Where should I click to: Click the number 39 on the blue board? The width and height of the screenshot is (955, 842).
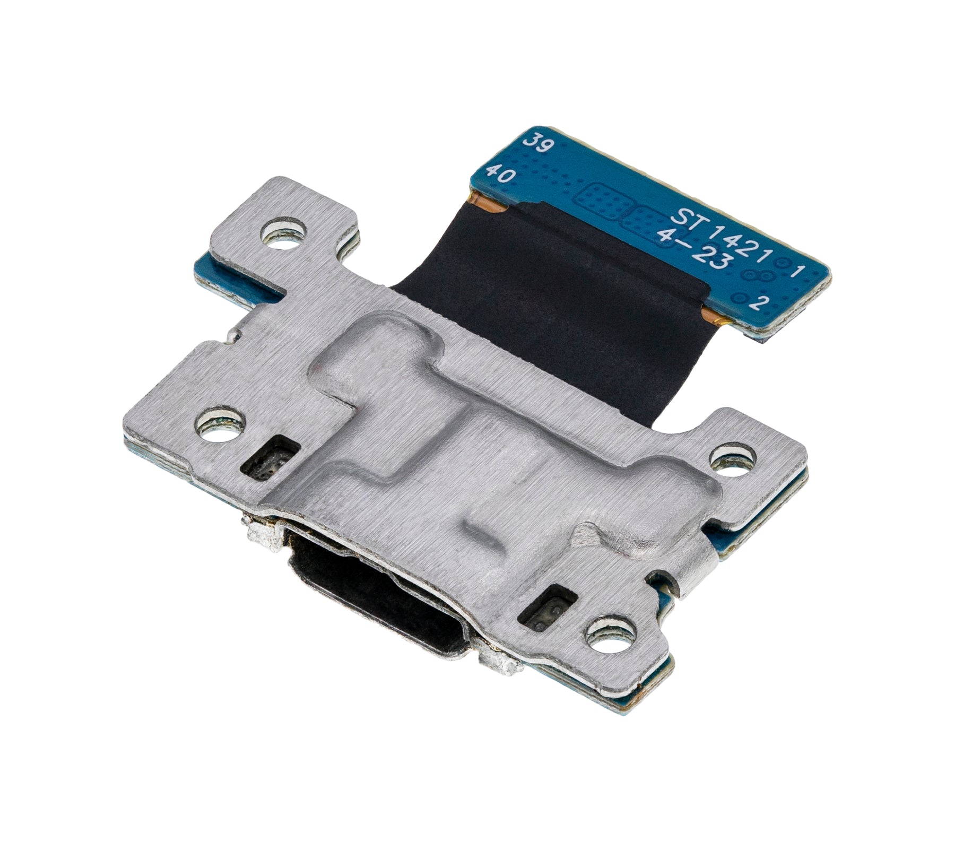536,144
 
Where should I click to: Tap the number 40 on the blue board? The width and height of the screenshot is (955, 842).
499,175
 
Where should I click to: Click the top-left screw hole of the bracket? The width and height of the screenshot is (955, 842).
286,232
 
